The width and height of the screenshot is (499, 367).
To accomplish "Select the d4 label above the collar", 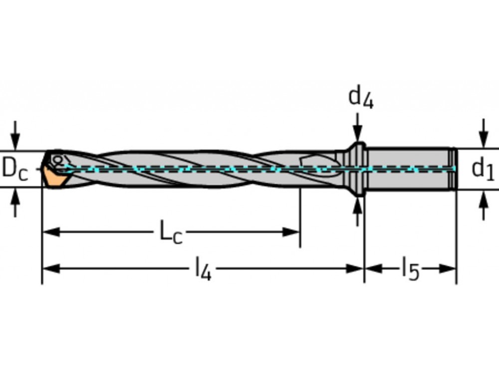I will pyautogui.click(x=360, y=97).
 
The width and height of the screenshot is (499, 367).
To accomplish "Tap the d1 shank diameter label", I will pyautogui.click(x=483, y=169).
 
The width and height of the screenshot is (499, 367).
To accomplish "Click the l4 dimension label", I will pyautogui.click(x=203, y=270).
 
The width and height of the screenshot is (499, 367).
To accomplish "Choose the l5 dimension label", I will pyautogui.click(x=410, y=270).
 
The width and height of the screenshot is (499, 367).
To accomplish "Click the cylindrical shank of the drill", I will pyautogui.click(x=409, y=169).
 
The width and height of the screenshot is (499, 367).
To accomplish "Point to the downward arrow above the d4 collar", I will pyautogui.click(x=357, y=133).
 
